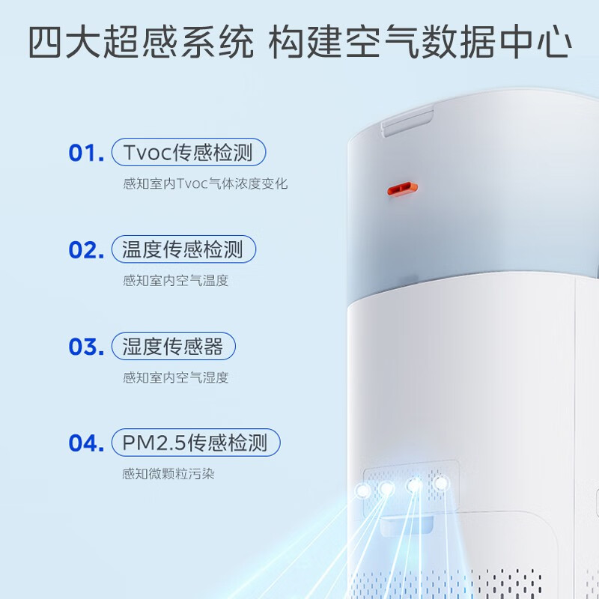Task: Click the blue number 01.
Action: pos(86,153)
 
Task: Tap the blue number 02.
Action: pos(86,250)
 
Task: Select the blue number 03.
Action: pos(86,347)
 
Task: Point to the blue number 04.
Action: pos(86,443)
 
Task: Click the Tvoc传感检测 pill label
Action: pos(189,152)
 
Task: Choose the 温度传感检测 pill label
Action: pos(183,249)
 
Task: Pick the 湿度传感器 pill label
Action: pos(174,346)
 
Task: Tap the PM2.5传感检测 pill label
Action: pos(196,443)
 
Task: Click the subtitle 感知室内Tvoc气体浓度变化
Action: pos(205,183)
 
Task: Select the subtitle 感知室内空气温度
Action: pos(176,281)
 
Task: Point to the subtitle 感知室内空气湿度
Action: pos(176,378)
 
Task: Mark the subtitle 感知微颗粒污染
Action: pos(168,474)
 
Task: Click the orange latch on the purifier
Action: pos(402,189)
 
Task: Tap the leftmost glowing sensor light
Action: pos(362,490)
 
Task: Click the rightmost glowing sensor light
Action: pos(441,484)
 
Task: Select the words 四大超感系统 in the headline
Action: pos(141,42)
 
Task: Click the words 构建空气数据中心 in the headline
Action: pos(420,42)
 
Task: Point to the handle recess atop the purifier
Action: pos(407,121)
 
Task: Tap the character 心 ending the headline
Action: pos(554,42)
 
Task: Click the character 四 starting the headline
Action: pos(45,42)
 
